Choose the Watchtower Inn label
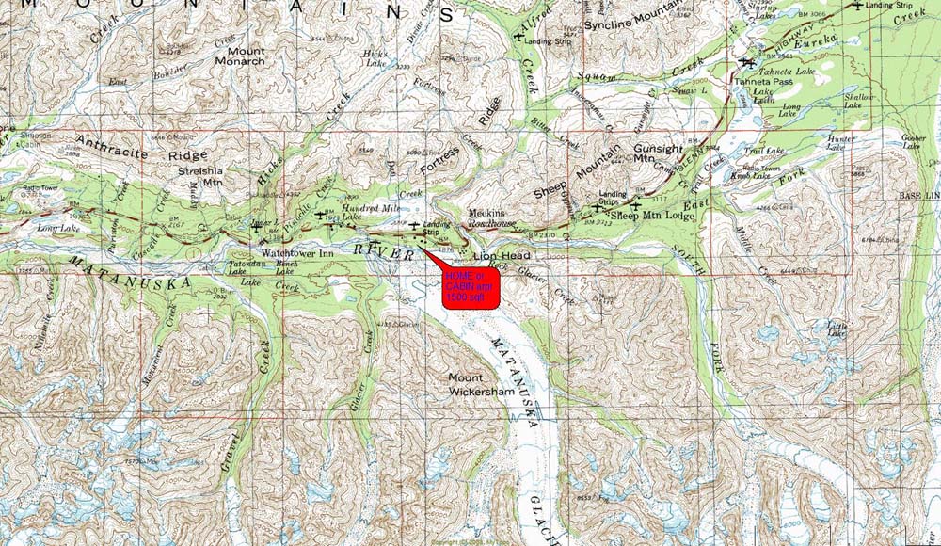(x=296, y=253)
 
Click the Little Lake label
(x=836, y=329)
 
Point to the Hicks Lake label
(x=375, y=59)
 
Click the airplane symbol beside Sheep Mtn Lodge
(x=636, y=204)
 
